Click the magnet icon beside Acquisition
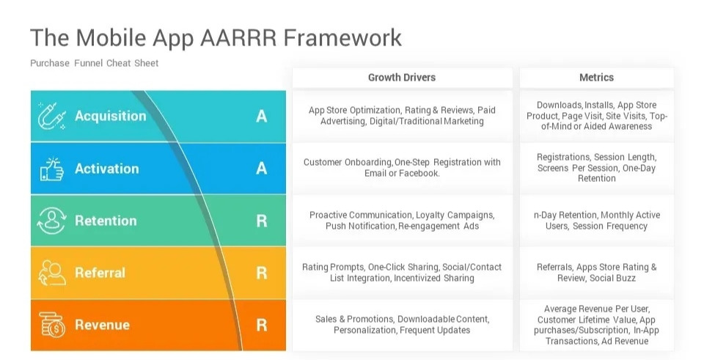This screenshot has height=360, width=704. (x=52, y=117)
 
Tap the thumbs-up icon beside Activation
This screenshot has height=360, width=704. (x=52, y=169)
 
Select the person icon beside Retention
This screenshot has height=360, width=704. (x=52, y=221)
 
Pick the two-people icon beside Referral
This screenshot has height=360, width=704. (x=52, y=273)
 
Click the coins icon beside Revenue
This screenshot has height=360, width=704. (x=52, y=325)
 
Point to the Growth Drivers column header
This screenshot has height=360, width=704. (x=402, y=78)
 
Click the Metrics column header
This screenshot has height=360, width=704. (x=596, y=78)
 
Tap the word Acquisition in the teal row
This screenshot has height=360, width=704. (x=110, y=116)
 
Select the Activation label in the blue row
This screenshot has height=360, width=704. (x=106, y=169)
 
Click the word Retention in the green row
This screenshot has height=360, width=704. (x=106, y=221)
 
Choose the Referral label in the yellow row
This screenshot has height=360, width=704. (x=100, y=273)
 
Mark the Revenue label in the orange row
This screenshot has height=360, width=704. (x=102, y=325)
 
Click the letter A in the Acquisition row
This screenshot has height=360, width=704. (x=261, y=116)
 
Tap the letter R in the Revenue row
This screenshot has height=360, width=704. (x=261, y=325)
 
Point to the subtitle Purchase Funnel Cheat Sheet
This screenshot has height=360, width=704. (x=94, y=63)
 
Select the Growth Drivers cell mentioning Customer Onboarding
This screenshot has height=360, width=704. (x=402, y=168)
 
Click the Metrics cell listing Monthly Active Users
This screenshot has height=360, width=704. (x=596, y=221)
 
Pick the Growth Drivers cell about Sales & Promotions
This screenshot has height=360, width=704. (x=402, y=325)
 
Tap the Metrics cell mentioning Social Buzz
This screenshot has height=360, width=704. (x=596, y=273)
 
